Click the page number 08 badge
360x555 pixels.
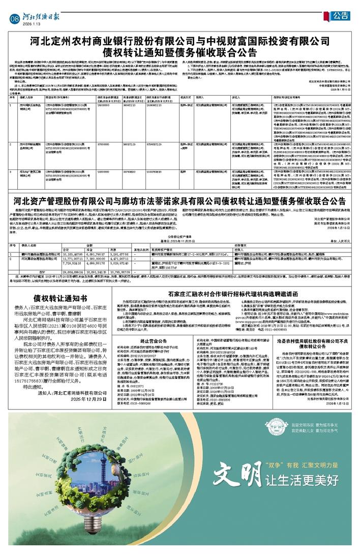[14, 18]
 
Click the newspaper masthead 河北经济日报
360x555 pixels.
[42, 16]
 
